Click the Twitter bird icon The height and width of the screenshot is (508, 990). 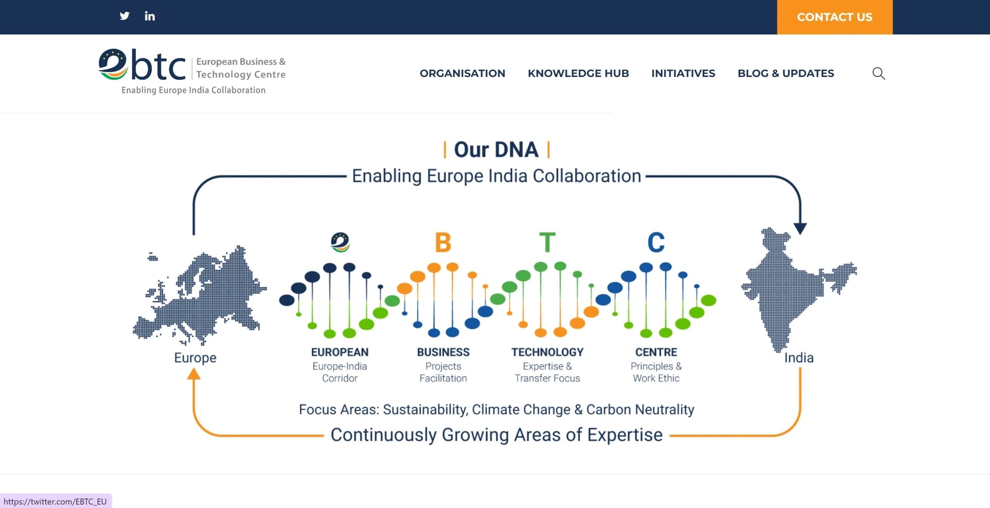coord(125,16)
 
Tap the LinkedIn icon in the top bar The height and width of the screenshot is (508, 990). coord(150,16)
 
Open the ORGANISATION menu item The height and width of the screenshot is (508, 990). coord(463,73)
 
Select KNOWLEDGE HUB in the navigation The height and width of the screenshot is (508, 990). coord(579,73)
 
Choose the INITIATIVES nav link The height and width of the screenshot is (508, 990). coord(683,73)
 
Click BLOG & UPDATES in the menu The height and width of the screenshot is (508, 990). coord(786,73)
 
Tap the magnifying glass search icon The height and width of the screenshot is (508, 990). coord(879,73)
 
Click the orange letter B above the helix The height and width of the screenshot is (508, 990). coord(443,242)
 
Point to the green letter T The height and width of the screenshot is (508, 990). coord(547,242)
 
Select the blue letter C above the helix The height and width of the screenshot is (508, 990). coord(656,242)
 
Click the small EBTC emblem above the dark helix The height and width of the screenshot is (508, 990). coord(340,242)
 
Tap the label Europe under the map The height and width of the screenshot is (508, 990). coord(195,358)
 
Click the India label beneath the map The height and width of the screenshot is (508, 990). coord(799,358)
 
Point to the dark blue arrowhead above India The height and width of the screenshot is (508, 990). coord(800,228)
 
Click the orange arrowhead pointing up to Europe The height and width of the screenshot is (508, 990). coord(194,373)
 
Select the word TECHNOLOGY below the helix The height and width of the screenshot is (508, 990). coord(547,352)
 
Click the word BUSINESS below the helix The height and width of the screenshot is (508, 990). coord(443,352)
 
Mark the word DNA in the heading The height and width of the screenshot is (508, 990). coord(517,150)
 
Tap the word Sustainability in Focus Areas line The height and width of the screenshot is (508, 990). coord(425,410)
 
